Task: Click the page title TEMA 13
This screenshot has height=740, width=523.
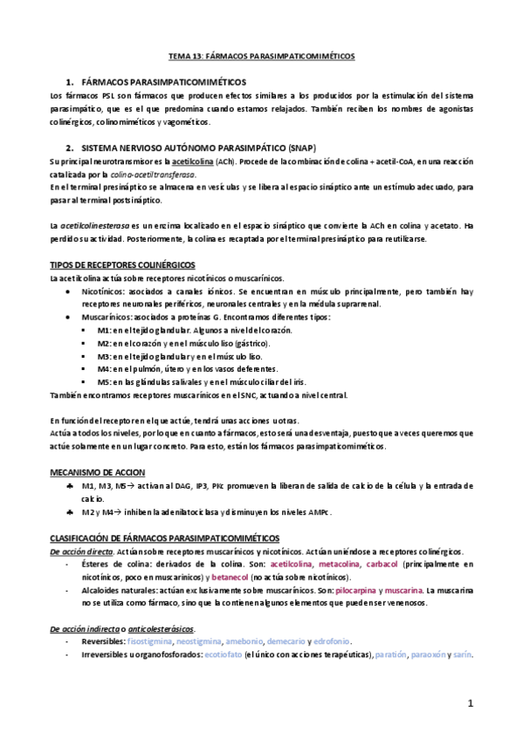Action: [x=262, y=54]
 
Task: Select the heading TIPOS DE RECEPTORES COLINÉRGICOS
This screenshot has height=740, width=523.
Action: [x=122, y=264]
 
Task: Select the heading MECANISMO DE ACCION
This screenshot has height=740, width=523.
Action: [x=91, y=471]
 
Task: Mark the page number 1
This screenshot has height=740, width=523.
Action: [x=470, y=702]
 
